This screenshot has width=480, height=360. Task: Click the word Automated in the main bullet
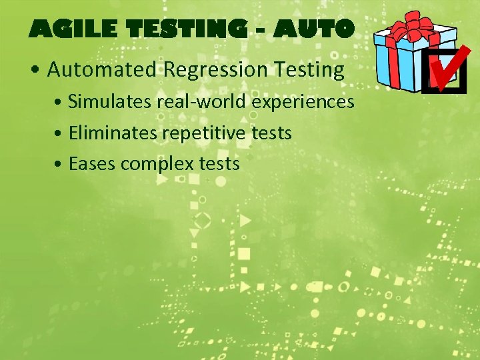click(x=101, y=69)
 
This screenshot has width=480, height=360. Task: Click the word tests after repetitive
click(x=272, y=133)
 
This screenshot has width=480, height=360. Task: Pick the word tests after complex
click(x=219, y=164)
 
